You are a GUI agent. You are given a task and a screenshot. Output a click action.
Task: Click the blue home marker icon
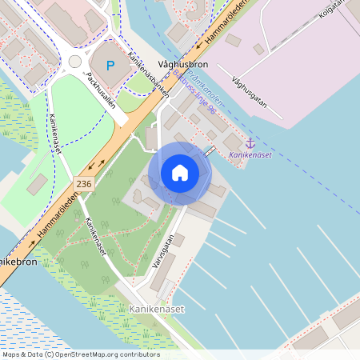coord(180,173)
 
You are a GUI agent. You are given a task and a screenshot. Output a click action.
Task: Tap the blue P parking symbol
coord(111,65)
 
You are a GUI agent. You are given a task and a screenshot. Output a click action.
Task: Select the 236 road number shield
coord(85,184)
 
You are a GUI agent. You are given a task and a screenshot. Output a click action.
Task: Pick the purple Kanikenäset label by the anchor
coord(250,155)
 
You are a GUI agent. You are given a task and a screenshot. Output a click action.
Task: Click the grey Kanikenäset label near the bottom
coord(155,307)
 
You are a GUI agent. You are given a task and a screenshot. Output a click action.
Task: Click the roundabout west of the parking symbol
coord(75,62)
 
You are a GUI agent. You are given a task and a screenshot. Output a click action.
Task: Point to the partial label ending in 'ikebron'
coord(15,262)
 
